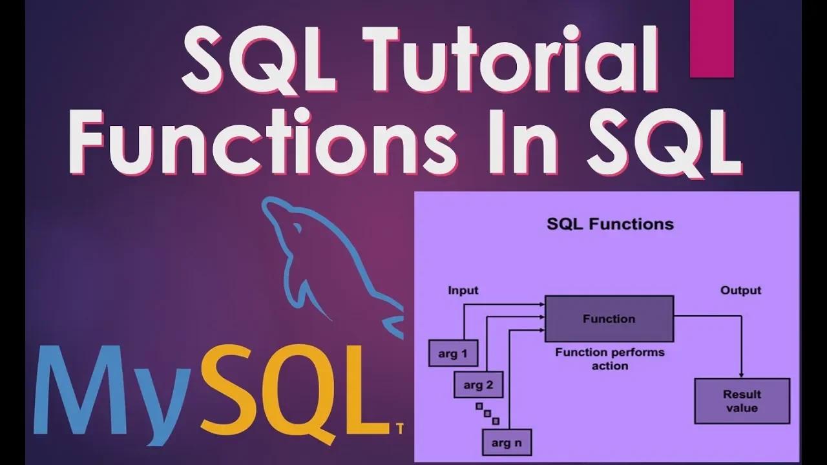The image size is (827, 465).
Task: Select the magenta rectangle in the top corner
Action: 712,39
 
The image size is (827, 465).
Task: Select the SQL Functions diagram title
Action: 610,224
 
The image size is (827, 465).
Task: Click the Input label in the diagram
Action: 463,291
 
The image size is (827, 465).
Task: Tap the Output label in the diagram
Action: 740,291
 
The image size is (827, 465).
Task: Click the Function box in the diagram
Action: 609,318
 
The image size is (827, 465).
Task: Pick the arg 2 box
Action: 479,386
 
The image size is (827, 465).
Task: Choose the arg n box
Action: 507,442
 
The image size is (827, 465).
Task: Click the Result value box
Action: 742,401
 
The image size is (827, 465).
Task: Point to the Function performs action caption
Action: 609,359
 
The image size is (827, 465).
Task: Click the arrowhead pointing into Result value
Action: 742,376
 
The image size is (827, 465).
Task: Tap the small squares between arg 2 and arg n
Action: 487,413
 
